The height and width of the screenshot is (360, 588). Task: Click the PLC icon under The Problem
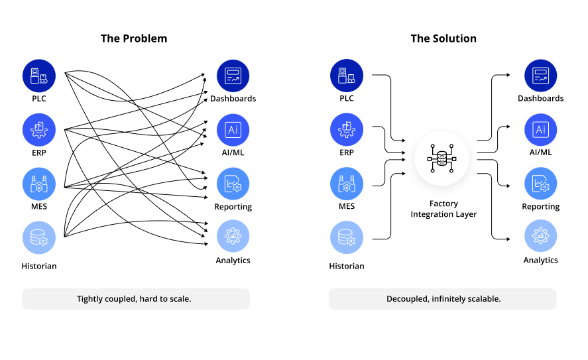point(39,76)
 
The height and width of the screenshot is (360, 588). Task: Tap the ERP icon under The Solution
point(347,129)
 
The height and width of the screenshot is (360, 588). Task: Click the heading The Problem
point(134,38)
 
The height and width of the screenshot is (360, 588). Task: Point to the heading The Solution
point(443,38)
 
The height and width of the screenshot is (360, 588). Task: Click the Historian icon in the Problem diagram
point(39,238)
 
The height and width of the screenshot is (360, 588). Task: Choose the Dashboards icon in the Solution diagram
point(541,76)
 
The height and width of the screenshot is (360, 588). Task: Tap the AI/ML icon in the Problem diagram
point(233,129)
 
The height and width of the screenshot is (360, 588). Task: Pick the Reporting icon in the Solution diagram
point(541,184)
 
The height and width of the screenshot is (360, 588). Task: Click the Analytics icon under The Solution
point(541,236)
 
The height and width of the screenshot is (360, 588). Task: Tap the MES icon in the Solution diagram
point(347,184)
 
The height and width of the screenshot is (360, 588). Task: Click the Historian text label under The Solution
point(347,266)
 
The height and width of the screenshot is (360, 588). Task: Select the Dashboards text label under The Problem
point(233,99)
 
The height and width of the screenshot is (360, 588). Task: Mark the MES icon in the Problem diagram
point(39,184)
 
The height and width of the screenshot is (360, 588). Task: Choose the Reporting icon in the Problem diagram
point(233,184)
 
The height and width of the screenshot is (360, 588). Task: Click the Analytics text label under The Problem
point(233,261)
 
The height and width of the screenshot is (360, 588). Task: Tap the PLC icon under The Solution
point(347,76)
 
